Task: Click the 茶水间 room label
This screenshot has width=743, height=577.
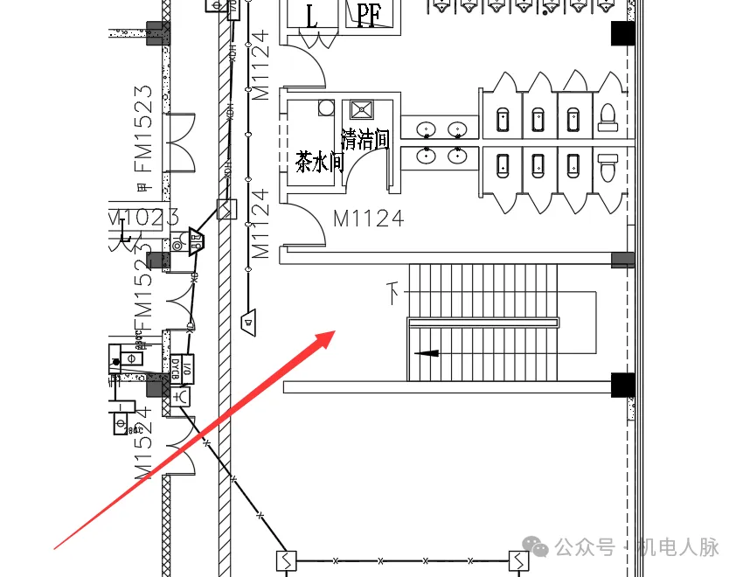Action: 320,162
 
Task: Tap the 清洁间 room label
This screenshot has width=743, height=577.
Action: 365,139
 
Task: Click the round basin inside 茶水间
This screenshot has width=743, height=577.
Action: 326,108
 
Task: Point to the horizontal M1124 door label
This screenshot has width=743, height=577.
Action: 368,219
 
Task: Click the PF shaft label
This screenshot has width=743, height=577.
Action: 366,15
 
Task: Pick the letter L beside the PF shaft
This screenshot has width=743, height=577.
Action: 312,15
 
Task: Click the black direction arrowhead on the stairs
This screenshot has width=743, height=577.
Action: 427,353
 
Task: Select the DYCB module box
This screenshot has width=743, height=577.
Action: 175,368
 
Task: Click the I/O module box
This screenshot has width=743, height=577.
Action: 187,366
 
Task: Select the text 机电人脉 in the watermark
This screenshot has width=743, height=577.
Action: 677,548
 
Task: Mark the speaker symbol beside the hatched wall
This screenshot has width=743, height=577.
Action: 249,321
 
